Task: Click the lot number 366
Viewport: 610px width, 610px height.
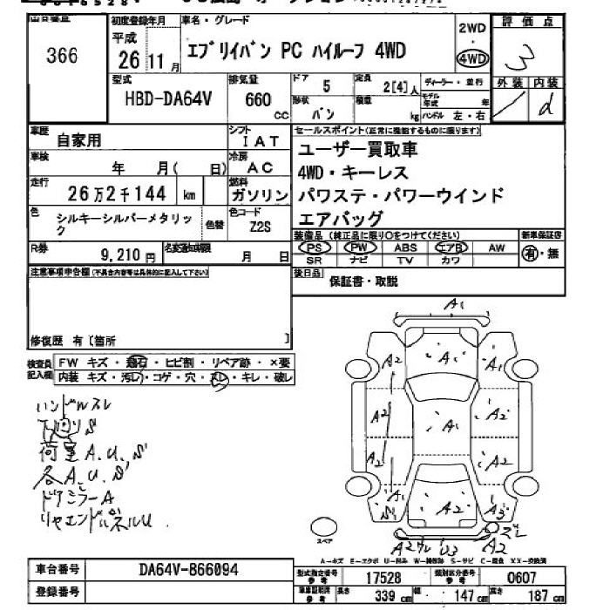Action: (x=63, y=56)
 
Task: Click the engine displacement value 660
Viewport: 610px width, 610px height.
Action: (x=258, y=100)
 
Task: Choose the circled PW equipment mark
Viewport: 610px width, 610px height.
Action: (x=358, y=247)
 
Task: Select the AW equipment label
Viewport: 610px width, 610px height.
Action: (x=497, y=247)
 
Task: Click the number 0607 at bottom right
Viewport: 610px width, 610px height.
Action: (x=528, y=578)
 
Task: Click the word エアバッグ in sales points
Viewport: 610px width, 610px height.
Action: (x=340, y=218)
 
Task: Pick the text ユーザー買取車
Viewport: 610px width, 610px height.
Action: (x=357, y=149)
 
